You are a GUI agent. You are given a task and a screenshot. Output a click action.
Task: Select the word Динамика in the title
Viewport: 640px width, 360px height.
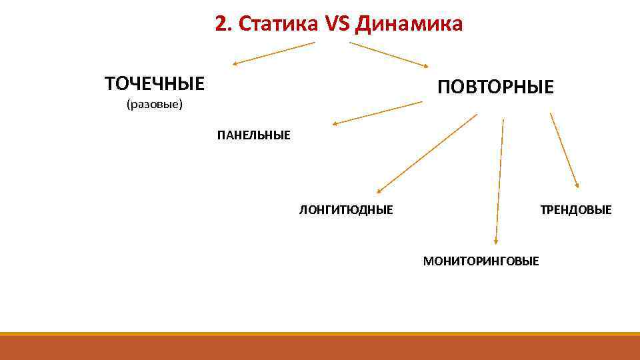409,25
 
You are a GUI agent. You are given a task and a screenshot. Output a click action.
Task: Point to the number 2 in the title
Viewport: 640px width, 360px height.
221,25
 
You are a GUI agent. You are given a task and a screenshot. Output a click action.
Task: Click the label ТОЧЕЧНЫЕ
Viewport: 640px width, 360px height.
155,84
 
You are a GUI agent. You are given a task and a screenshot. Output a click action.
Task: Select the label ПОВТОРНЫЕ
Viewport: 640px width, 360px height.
495,87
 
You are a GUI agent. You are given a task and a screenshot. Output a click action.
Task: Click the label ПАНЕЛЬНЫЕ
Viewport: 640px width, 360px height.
253,136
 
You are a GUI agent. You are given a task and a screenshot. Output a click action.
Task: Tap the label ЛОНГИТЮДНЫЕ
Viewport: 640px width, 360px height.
346,210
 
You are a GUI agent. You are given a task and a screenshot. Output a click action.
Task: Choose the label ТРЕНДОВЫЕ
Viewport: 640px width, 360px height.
575,210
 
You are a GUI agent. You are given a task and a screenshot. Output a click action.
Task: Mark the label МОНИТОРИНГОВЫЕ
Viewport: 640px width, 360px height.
481,261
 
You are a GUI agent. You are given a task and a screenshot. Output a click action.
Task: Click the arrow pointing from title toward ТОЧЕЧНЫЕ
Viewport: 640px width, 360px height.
273,53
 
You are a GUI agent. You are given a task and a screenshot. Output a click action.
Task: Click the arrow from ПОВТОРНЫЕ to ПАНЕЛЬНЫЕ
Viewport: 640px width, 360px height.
377,113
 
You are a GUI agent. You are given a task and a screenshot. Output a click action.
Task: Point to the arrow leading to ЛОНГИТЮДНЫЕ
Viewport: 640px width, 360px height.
427,154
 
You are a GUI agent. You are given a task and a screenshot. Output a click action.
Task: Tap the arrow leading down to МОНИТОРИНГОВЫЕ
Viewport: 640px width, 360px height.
499,180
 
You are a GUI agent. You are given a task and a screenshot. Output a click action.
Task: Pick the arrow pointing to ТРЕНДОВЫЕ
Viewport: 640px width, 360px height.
564,150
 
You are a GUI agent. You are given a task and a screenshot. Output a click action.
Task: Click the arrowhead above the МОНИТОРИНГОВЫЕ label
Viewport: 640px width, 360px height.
495,242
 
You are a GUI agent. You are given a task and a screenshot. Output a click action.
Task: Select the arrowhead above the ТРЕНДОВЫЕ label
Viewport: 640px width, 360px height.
577,185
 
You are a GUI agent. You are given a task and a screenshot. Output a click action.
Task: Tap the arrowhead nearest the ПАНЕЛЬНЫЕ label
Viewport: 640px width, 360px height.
336,123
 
